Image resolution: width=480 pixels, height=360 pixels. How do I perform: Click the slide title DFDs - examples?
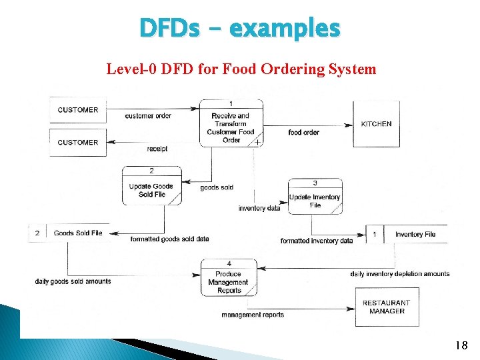(x=240, y=29)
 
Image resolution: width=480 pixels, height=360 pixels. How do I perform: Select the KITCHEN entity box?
(x=376, y=123)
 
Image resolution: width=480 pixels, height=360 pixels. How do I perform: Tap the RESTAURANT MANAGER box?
(x=387, y=307)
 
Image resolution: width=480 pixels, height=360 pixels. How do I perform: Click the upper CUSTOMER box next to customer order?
(x=77, y=110)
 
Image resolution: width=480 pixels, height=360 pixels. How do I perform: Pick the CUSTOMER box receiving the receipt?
(x=77, y=142)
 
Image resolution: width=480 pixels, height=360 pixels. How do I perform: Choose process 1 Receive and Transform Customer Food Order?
(x=231, y=123)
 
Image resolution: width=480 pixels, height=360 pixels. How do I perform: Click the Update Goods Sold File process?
(x=151, y=186)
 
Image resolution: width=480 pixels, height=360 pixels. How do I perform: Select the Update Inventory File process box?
(x=315, y=197)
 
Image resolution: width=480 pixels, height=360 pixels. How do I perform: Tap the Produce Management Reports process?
(x=229, y=278)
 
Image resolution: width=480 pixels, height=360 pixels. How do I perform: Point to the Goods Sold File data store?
(x=77, y=233)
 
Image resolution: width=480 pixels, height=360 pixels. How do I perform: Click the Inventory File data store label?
(x=415, y=234)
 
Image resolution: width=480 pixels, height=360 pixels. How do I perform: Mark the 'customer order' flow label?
(x=148, y=116)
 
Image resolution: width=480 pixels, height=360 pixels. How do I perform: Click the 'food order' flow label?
(x=303, y=133)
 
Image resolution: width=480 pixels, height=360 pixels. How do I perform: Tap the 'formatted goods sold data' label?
(x=169, y=239)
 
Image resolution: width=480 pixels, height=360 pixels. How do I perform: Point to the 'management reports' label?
(x=253, y=315)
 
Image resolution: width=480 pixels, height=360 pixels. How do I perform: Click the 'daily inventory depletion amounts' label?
(x=399, y=274)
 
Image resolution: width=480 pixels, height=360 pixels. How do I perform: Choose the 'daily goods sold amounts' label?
(x=73, y=281)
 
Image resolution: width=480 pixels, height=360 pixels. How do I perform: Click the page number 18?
(x=460, y=345)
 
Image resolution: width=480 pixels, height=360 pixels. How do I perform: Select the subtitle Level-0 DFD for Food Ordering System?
(x=241, y=69)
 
